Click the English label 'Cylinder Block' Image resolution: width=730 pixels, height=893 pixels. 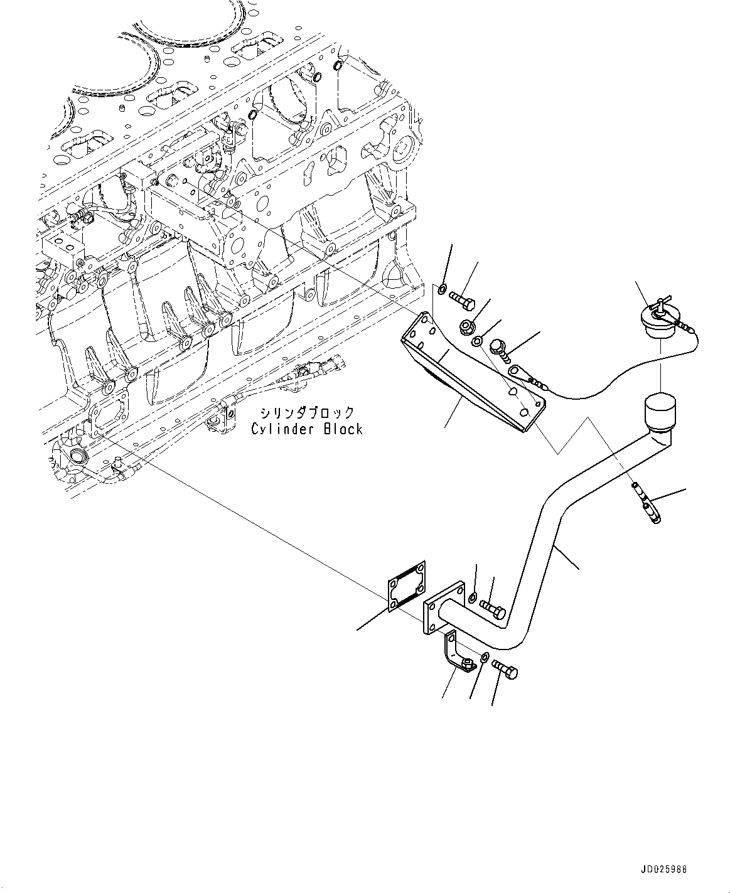[307, 429]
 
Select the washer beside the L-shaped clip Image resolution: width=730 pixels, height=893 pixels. [486, 658]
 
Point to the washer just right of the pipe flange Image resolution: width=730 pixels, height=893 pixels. [473, 594]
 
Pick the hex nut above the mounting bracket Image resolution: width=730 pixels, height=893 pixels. [467, 326]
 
